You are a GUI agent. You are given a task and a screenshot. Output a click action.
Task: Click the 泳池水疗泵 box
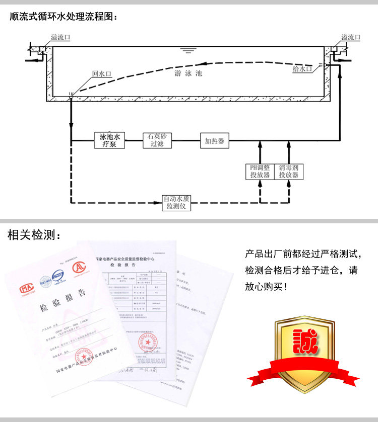click(x=109, y=140)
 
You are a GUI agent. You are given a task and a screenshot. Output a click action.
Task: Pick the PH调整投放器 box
click(x=260, y=172)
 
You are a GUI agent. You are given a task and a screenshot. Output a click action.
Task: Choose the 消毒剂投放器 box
click(x=289, y=172)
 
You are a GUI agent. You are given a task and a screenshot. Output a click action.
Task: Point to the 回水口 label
click(x=101, y=73)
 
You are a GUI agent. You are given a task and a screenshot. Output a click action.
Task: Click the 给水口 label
click(x=302, y=69)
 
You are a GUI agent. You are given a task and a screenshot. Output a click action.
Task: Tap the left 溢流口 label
click(x=60, y=37)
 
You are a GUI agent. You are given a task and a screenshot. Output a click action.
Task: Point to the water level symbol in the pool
click(x=188, y=50)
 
